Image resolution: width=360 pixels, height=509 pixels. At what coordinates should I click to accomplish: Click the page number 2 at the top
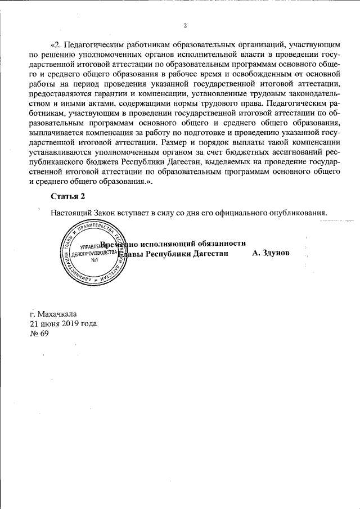point(184,25)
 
